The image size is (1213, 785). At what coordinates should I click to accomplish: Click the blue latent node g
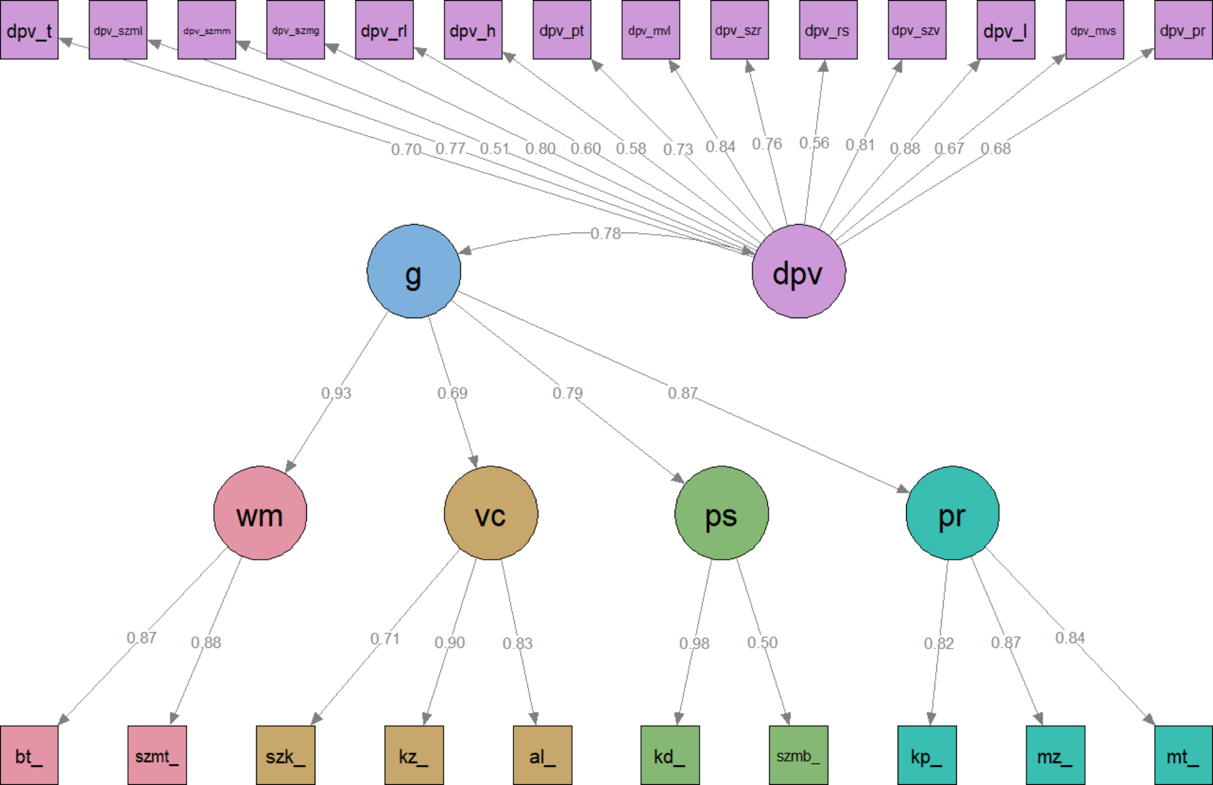[414, 271]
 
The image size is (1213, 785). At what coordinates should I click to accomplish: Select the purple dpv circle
[799, 271]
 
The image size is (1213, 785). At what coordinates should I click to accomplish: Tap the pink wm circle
[260, 513]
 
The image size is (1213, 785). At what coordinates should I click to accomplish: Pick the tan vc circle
[491, 513]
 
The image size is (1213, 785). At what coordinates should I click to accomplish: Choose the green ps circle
[721, 513]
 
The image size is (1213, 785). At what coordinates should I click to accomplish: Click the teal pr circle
[952, 513]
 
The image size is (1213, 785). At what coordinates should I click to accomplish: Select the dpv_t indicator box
[29, 30]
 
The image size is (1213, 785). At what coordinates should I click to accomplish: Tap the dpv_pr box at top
[1183, 30]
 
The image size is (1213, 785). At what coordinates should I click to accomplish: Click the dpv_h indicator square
[473, 30]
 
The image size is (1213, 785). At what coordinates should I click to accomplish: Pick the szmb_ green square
[798, 755]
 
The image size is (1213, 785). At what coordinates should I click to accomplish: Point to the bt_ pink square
[29, 755]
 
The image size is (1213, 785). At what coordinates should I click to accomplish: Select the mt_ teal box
[1183, 755]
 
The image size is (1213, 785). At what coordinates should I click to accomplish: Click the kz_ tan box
[414, 755]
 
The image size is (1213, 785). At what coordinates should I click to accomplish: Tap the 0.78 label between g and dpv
[605, 233]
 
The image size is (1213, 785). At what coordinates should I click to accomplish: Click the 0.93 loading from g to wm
[336, 393]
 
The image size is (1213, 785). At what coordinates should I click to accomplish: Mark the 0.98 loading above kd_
[694, 643]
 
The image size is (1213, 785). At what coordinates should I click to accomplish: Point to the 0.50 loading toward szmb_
[762, 642]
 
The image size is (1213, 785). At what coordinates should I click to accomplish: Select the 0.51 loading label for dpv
[495, 149]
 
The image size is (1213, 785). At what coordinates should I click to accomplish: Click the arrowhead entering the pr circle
[903, 489]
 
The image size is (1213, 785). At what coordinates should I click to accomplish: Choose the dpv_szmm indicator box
[207, 30]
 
